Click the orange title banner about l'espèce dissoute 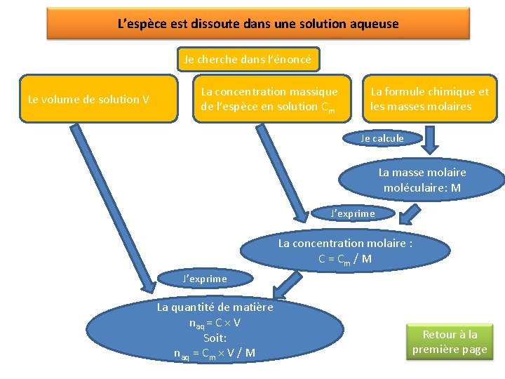[x=257, y=24]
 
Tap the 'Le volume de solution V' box [x=88, y=99]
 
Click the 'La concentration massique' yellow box [x=271, y=99]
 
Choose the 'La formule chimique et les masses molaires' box [x=429, y=99]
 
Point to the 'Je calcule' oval [x=382, y=138]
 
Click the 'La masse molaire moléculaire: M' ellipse [x=422, y=180]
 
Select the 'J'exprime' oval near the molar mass [x=353, y=213]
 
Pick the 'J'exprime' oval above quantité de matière [x=205, y=279]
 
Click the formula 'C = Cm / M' [x=345, y=259]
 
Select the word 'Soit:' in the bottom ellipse [x=215, y=338]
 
